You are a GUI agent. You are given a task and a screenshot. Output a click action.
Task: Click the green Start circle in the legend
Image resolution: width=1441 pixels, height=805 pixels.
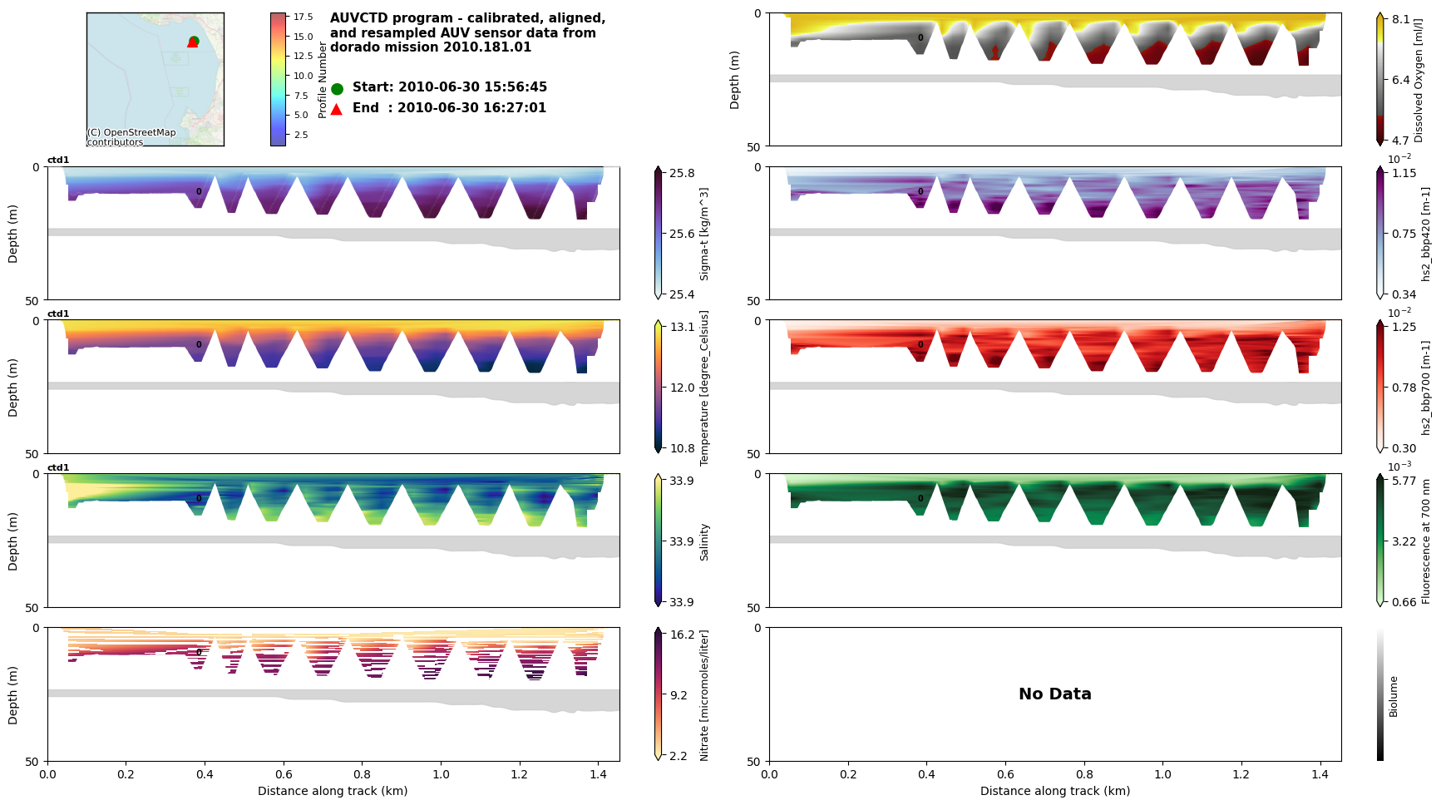coord(337,88)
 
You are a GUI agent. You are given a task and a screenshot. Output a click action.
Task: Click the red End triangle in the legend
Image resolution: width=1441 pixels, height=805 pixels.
coord(337,109)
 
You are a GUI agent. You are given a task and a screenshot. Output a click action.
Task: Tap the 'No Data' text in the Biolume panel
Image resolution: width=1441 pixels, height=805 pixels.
coord(1054,694)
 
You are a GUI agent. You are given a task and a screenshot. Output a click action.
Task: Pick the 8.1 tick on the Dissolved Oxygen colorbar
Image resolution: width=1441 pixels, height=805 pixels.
coord(1401,20)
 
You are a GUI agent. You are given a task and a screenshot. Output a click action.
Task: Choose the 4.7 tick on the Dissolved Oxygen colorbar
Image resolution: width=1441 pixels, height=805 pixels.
coord(1401,141)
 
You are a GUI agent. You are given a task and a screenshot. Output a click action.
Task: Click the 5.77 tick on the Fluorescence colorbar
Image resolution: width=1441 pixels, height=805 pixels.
coord(1404,481)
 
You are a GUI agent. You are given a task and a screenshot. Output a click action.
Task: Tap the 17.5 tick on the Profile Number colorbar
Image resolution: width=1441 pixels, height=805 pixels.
coord(303,17)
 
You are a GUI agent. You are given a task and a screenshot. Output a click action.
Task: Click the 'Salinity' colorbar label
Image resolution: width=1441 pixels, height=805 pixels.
coord(704,541)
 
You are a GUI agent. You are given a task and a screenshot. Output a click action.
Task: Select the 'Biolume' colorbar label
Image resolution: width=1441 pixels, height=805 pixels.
coord(1394,696)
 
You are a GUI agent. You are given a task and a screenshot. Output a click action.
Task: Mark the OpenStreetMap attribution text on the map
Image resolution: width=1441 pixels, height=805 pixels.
coord(131,137)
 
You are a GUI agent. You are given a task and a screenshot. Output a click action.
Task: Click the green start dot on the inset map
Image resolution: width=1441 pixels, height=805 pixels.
coord(194,40)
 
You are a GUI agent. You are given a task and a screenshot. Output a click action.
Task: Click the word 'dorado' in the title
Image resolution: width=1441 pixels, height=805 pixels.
coord(352,47)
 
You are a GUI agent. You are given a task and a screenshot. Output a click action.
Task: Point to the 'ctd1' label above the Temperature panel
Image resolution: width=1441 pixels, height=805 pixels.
coord(58,314)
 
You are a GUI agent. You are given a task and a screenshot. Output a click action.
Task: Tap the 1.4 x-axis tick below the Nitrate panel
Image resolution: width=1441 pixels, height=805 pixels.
coord(597,774)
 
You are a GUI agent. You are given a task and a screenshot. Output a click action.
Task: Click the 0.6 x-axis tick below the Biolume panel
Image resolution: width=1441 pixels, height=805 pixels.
coord(1005,774)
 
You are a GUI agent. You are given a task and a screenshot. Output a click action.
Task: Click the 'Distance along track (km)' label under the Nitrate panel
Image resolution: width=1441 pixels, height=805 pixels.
coord(333,791)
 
